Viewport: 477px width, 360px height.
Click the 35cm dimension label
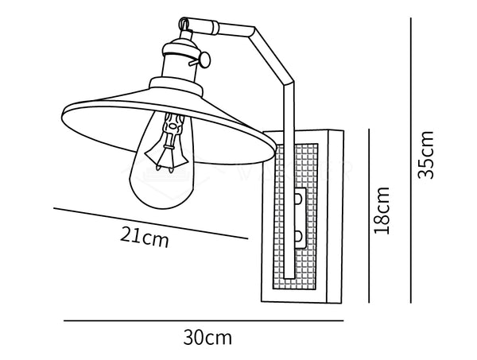pos(425,155)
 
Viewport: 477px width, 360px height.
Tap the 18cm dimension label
pos(382,211)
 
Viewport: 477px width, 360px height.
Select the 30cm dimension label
pos(207,337)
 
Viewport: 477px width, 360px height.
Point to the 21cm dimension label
pos(144,238)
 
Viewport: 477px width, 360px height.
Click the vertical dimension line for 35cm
pos(411,161)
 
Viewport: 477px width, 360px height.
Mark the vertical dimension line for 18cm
pos(369,216)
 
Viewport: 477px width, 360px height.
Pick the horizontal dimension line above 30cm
pos(204,320)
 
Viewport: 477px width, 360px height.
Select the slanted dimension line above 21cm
pos(151,223)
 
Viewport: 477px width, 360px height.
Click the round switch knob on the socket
pos(205,60)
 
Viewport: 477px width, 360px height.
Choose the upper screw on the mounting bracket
pos(298,199)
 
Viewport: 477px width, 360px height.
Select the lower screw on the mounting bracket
pos(298,236)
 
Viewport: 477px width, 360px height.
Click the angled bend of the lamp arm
pos(289,82)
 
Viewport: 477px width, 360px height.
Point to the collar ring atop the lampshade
pos(176,86)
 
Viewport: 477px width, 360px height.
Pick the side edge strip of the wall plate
pos(335,216)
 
